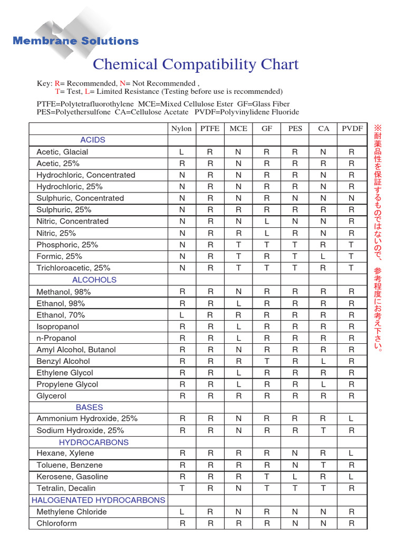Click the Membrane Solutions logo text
(75, 41)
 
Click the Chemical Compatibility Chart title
(196, 65)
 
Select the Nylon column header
(181, 129)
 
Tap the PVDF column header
(352, 129)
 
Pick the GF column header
(267, 129)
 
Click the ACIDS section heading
(93, 140)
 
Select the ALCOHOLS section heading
(94, 280)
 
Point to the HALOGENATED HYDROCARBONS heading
(99, 500)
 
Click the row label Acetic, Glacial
(62, 152)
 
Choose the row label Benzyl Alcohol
(63, 361)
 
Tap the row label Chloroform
(56, 523)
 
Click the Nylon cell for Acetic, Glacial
(181, 152)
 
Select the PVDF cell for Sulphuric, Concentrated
(352, 198)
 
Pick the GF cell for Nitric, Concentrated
(267, 221)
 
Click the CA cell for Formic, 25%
(323, 256)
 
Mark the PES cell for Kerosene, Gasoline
(295, 477)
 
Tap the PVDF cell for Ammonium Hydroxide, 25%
(352, 419)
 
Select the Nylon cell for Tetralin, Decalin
(181, 488)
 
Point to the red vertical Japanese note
(377, 237)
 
